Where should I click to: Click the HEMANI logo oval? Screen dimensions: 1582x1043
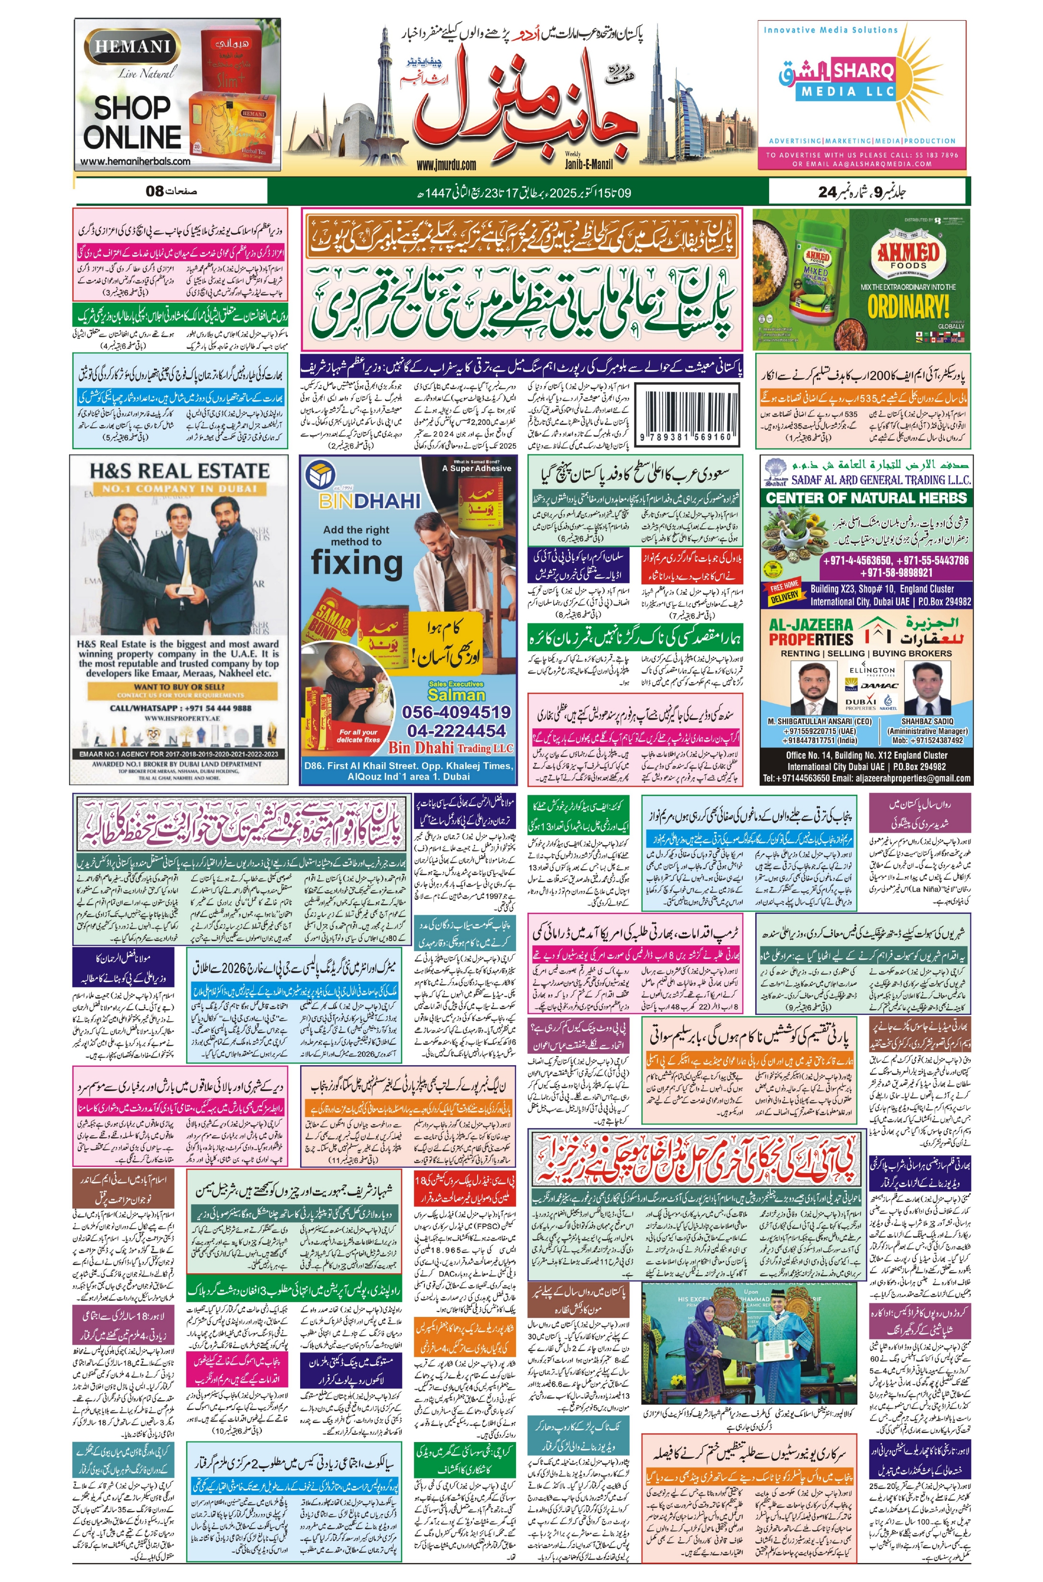point(132,48)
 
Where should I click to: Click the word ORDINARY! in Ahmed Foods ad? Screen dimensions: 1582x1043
point(908,306)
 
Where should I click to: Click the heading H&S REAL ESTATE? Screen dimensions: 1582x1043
point(180,471)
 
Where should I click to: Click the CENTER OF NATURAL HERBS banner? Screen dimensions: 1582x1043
point(866,498)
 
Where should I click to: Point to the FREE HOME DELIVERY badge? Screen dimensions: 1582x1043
point(785,593)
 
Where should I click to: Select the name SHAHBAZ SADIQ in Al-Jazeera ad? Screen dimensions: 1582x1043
point(927,721)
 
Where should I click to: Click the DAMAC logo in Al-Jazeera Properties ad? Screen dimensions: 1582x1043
point(881,685)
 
